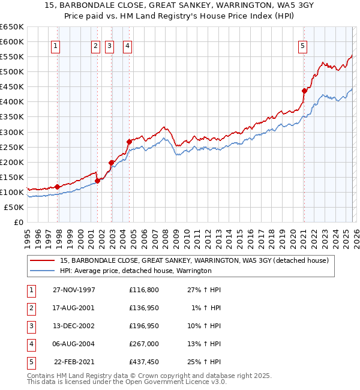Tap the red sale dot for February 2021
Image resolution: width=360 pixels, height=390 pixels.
click(304, 91)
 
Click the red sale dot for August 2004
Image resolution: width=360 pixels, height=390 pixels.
click(129, 142)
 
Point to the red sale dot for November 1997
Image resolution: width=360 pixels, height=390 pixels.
click(58, 187)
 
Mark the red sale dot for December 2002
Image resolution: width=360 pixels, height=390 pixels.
click(111, 163)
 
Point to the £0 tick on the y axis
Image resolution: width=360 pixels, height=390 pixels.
click(18, 222)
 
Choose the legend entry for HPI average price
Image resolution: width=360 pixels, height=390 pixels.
click(136, 271)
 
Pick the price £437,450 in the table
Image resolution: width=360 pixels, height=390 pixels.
click(144, 362)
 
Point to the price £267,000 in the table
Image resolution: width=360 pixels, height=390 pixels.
click(144, 344)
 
